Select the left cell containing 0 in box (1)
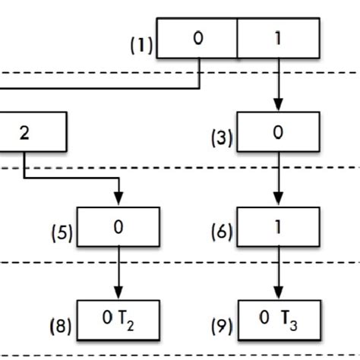(x=197, y=38)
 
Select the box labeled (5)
(x=118, y=226)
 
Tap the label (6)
(x=223, y=233)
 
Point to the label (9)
(x=223, y=327)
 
